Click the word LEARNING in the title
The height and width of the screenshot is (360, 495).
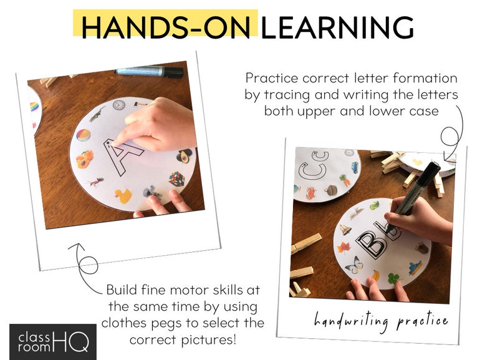pyautogui.click(x=337, y=27)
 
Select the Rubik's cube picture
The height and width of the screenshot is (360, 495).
pyautogui.click(x=178, y=179)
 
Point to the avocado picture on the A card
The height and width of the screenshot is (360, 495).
pyautogui.click(x=185, y=155)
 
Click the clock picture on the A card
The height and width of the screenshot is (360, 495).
pyautogui.click(x=118, y=105)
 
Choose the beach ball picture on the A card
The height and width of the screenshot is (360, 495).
pyautogui.click(x=83, y=135)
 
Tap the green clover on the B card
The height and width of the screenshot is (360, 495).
pyautogui.click(x=394, y=278)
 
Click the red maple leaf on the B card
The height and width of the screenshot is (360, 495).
pyautogui.click(x=344, y=246)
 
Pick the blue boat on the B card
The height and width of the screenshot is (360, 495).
pyautogui.click(x=415, y=268)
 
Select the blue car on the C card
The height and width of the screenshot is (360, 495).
pyautogui.click(x=355, y=167)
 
